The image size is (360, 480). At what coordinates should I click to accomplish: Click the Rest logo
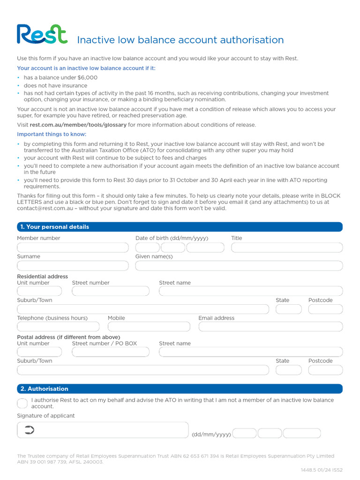(x=42, y=35)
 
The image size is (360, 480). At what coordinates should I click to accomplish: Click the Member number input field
(x=73, y=247)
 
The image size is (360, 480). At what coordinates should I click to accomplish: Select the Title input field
(x=286, y=247)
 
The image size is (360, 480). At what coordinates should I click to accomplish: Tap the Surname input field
(x=73, y=266)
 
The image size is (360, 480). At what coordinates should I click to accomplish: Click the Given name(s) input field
(x=239, y=266)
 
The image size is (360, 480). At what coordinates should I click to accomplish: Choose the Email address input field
(x=270, y=327)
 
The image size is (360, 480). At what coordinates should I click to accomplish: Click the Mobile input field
(x=149, y=327)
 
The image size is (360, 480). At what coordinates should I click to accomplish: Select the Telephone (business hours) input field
(x=58, y=327)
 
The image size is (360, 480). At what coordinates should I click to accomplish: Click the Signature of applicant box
(x=102, y=430)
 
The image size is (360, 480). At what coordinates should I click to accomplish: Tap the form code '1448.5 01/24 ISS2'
(x=322, y=470)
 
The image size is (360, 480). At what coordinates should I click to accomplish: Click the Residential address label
(x=43, y=277)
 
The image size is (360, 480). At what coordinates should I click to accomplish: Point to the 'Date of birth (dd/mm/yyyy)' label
(x=172, y=238)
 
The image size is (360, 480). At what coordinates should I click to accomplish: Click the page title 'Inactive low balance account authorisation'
(x=180, y=40)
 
